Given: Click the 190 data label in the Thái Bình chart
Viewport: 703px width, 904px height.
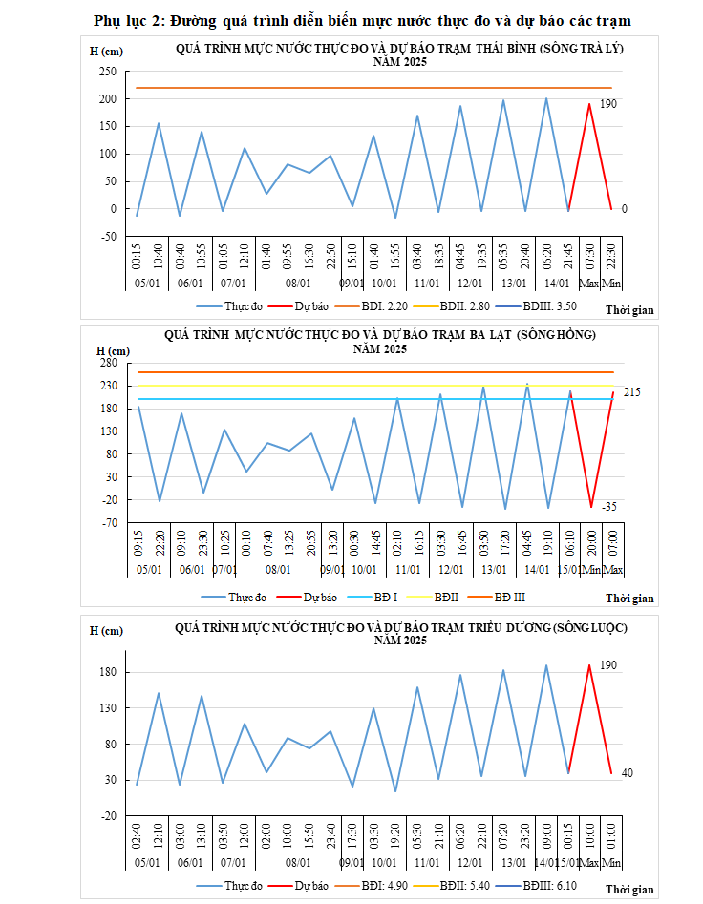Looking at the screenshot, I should tap(607, 104).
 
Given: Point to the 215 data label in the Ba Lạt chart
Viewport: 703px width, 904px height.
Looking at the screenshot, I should tap(631, 392).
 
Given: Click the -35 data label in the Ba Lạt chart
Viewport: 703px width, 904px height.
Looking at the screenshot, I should tap(610, 507).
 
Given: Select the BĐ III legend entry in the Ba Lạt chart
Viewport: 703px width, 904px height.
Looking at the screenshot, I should tap(507, 598).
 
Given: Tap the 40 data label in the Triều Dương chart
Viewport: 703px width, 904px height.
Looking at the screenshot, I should tap(628, 772).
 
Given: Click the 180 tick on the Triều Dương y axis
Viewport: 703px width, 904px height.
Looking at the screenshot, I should tap(108, 672).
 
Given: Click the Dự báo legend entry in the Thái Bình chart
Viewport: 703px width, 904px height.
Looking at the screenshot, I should tap(311, 306).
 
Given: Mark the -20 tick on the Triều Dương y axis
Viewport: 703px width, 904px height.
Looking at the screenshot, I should tap(108, 816).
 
